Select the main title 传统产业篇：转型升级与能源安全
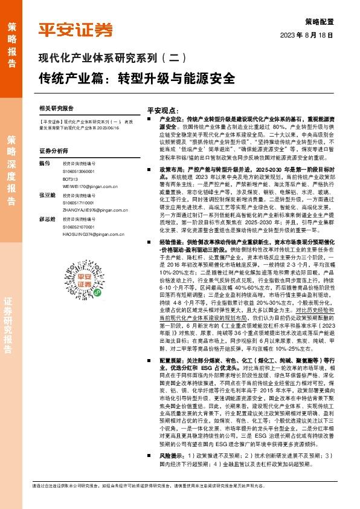137,79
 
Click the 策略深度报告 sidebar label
13,164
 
